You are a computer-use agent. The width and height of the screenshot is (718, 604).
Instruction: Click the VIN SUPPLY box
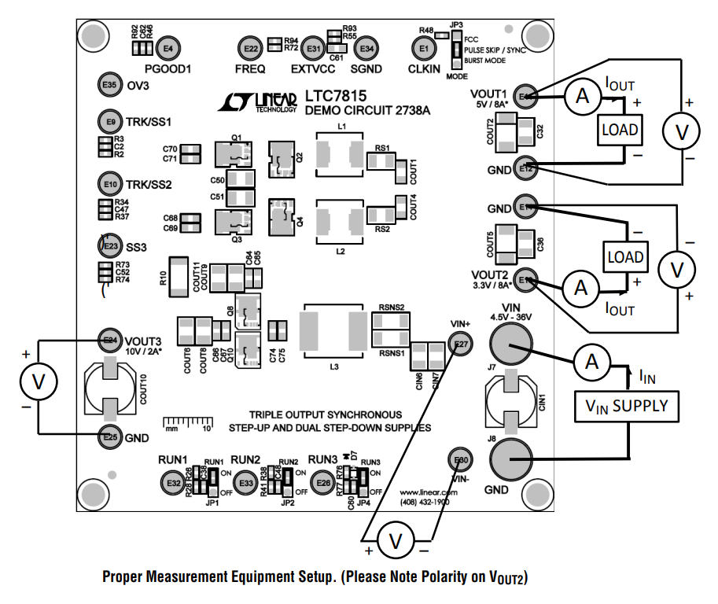[626, 406]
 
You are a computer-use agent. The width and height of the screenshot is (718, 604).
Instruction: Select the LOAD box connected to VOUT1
[620, 130]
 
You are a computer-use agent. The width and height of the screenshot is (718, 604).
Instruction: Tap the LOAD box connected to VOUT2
[625, 257]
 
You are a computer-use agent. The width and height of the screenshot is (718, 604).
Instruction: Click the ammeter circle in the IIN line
[587, 362]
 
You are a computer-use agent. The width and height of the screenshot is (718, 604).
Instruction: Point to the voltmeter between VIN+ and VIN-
[397, 540]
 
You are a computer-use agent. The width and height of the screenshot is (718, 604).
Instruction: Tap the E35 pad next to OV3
[109, 85]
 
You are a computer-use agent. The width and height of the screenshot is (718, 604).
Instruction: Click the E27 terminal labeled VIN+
[461, 344]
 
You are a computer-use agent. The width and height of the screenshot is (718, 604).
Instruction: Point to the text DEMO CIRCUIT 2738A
[367, 111]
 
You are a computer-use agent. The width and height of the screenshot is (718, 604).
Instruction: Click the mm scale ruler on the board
[189, 424]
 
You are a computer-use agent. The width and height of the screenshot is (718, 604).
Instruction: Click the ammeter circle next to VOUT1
[582, 97]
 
